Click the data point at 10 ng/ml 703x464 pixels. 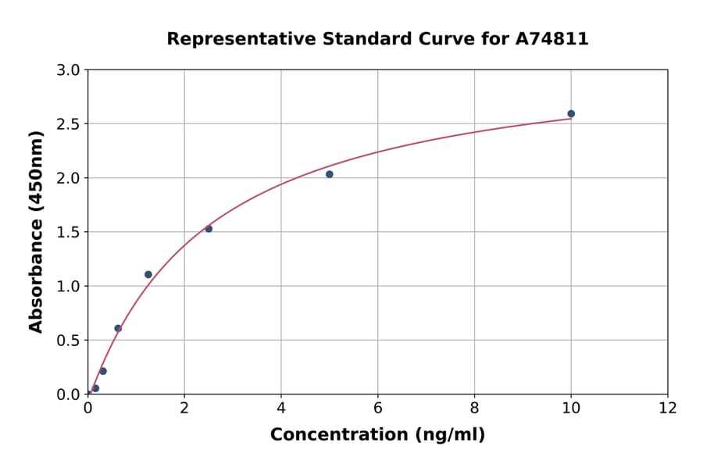tap(571, 114)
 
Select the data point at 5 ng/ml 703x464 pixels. tap(330, 174)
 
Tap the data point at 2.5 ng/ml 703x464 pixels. tap(209, 229)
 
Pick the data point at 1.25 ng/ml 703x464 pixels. tap(148, 274)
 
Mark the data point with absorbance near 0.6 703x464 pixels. tap(118, 328)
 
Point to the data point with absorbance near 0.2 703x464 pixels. tap(103, 371)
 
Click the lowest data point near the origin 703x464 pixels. tap(95, 388)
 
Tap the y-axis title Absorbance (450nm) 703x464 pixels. tap(36, 231)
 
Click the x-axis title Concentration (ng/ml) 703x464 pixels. tap(377, 435)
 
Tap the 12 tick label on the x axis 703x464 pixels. tap(668, 407)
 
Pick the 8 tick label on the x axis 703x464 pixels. tap(474, 407)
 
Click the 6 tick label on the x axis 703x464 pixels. tap(378, 407)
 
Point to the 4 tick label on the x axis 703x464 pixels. tap(281, 407)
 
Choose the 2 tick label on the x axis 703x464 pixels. tap(184, 407)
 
